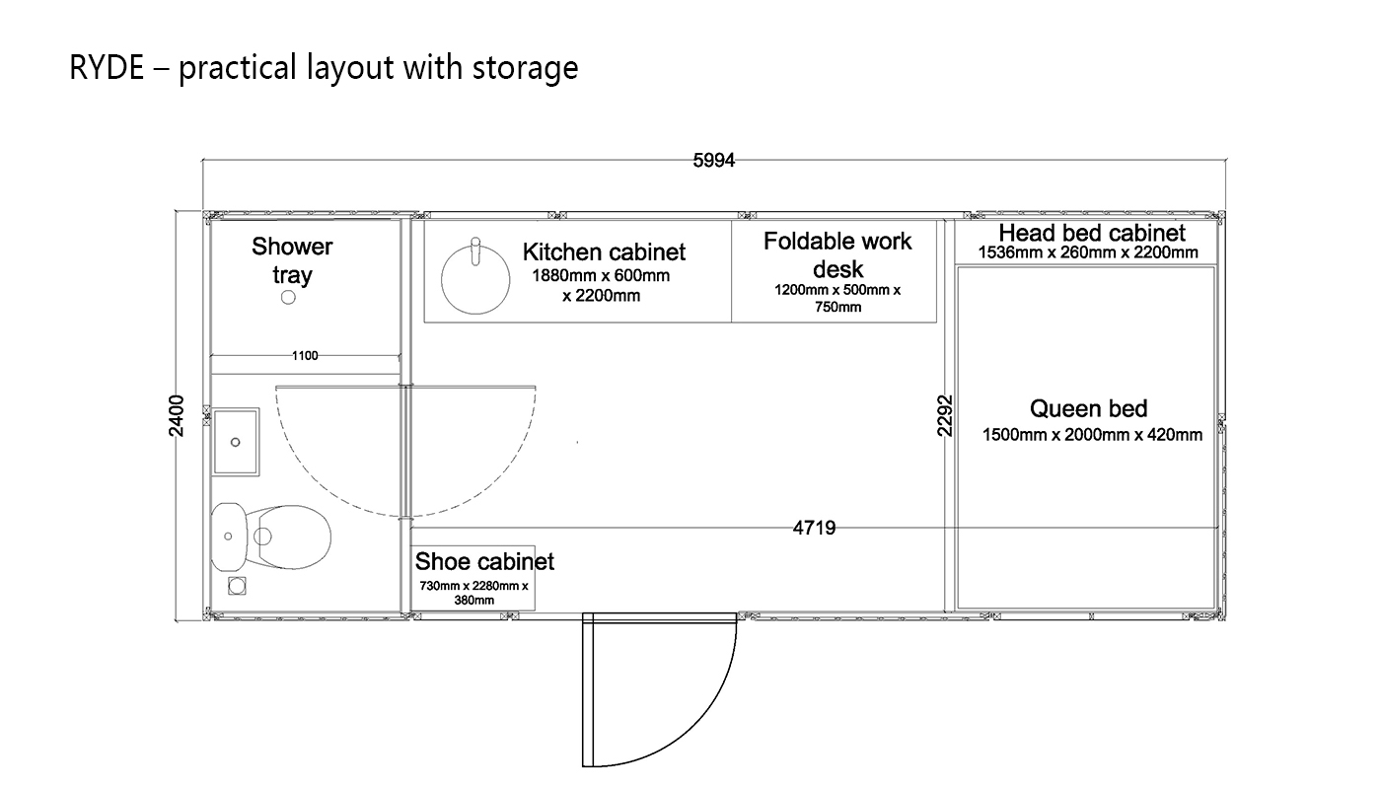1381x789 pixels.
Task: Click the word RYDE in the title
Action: pyautogui.click(x=107, y=67)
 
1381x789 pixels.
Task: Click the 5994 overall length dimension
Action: pyautogui.click(x=714, y=160)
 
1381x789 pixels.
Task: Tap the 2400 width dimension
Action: pyautogui.click(x=177, y=416)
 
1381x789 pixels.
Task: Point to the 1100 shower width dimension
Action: pyautogui.click(x=305, y=356)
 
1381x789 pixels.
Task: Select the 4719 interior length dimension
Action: pyautogui.click(x=814, y=528)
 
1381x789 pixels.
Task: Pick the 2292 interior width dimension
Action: pyautogui.click(x=945, y=416)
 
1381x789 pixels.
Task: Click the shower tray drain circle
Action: pyautogui.click(x=288, y=297)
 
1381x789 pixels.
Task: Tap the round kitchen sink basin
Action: pyautogui.click(x=475, y=279)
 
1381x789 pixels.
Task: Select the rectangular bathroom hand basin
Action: pyautogui.click(x=236, y=442)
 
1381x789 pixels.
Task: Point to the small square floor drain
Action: pyautogui.click(x=237, y=586)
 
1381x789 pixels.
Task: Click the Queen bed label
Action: pyautogui.click(x=1089, y=408)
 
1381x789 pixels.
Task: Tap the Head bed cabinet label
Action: pyautogui.click(x=1092, y=233)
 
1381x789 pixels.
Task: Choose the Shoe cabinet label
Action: pyautogui.click(x=484, y=561)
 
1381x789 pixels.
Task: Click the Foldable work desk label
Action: pyautogui.click(x=837, y=255)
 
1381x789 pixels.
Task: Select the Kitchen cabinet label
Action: pyautogui.click(x=604, y=252)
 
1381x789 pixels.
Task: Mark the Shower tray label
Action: pyautogui.click(x=292, y=260)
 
